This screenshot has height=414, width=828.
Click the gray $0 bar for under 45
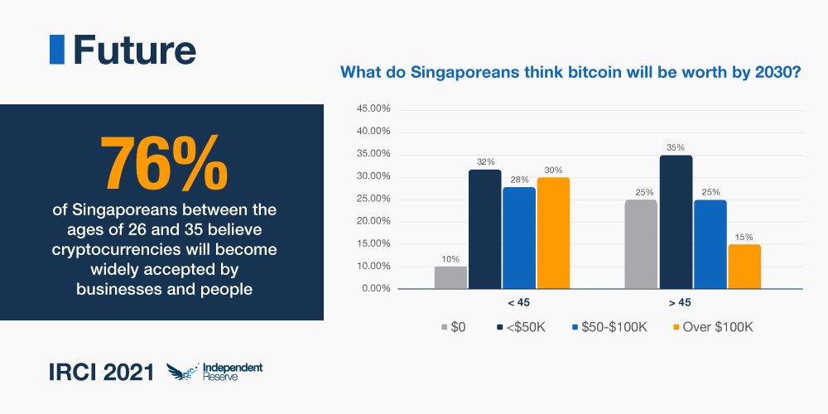(450, 278)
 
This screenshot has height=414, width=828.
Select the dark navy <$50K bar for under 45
(485, 230)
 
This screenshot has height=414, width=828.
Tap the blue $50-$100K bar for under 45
(519, 238)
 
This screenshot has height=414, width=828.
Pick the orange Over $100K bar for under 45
(553, 234)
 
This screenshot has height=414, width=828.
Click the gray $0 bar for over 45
(641, 245)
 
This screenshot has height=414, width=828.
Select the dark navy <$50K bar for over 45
(676, 223)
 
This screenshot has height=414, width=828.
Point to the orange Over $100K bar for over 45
(744, 267)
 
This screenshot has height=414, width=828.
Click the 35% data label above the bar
(676, 148)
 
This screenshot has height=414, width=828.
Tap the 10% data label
(450, 259)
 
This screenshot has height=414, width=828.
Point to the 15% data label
(744, 237)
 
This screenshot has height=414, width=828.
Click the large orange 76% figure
(162, 163)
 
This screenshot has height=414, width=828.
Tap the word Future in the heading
(134, 51)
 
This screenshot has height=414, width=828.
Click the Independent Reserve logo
(214, 372)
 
